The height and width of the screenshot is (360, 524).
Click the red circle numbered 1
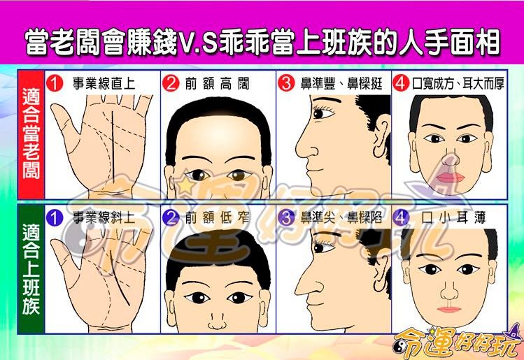[55, 82]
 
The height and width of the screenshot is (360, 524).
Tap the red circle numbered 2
[171, 82]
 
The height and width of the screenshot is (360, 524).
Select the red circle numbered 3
[286, 82]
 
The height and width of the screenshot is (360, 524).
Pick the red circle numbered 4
[401, 82]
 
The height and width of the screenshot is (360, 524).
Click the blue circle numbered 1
[55, 218]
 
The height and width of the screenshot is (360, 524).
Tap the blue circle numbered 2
[171, 218]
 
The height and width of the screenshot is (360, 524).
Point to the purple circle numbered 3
[286, 218]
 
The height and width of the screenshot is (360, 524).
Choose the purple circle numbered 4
[401, 218]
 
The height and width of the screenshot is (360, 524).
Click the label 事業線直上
[104, 83]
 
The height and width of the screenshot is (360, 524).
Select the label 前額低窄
[218, 218]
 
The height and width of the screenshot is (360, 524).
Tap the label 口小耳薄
[453, 218]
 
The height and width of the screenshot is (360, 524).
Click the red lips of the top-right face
[450, 178]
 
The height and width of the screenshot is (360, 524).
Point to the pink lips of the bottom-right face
[449, 310]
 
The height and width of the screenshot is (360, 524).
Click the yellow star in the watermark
[185, 185]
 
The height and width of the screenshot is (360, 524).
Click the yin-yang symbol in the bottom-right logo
[399, 347]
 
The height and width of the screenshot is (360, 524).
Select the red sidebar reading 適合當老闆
[31, 135]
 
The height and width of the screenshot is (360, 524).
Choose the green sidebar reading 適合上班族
[31, 269]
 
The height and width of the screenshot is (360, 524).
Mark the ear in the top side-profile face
[381, 136]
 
